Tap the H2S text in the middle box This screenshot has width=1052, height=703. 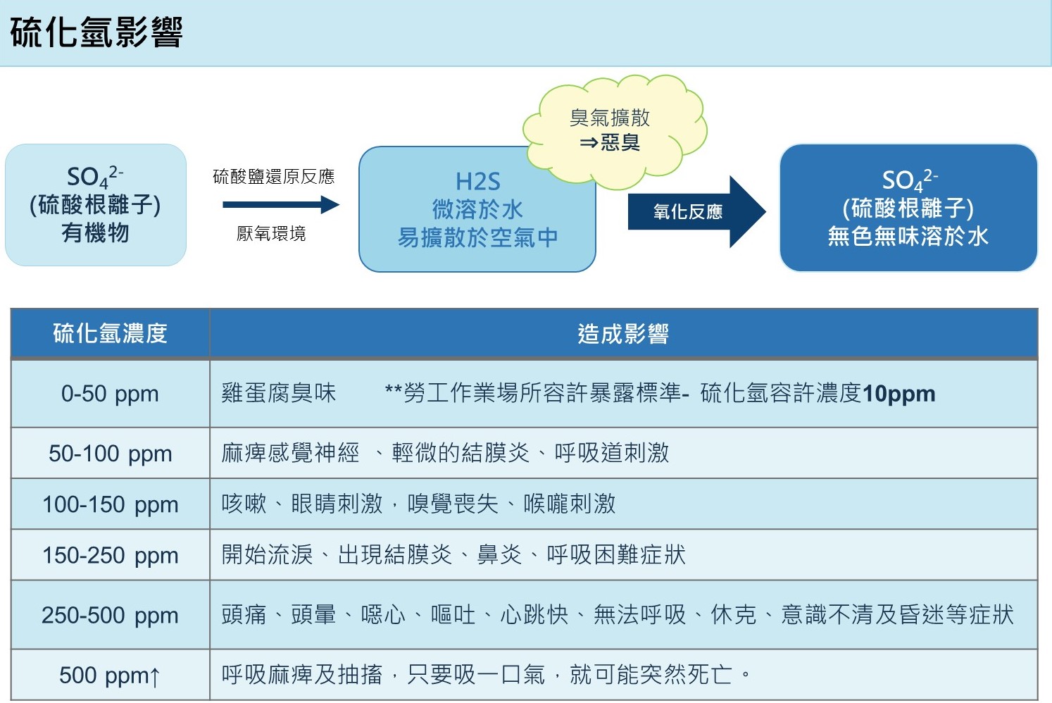point(477,182)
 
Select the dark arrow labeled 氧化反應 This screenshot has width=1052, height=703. point(697,212)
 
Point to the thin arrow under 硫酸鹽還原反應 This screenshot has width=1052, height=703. point(281,204)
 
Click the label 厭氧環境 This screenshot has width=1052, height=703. point(271,234)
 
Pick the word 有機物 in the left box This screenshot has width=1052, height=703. point(95,233)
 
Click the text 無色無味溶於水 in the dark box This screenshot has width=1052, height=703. point(908,236)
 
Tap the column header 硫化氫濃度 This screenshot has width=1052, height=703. point(110,334)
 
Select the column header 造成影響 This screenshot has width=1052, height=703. point(623,334)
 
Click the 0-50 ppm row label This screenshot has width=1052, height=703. point(110,394)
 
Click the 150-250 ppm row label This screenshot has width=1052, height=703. point(110,555)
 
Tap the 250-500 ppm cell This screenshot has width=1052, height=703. point(110,615)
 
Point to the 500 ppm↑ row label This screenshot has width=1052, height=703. point(110,676)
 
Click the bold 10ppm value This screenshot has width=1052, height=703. point(899,394)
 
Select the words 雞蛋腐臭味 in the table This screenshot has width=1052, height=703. point(279,393)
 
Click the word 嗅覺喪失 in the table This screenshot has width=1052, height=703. point(453,504)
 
